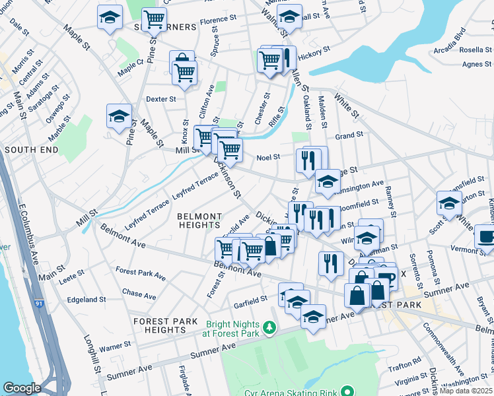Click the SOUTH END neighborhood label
tap(27, 150)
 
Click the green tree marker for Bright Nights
tap(269, 327)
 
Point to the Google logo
tap(22, 388)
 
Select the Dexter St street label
tap(161, 99)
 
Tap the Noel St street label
tap(268, 157)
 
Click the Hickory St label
tap(313, 58)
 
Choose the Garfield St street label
tap(250, 298)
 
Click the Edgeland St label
tap(87, 298)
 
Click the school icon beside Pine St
tap(119, 117)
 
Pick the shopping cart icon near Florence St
tap(155, 18)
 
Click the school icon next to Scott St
tap(449, 203)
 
